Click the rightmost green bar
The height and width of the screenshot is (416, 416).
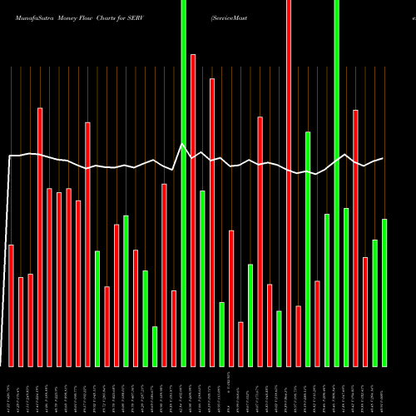(x=384, y=292)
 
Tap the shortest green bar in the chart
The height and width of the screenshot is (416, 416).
(x=155, y=346)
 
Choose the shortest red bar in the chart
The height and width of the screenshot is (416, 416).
(x=240, y=344)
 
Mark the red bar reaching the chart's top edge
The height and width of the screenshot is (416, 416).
(x=289, y=183)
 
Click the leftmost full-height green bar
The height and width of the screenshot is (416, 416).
(x=183, y=183)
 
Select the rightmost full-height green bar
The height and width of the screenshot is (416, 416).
(x=337, y=183)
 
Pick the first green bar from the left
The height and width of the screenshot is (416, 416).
(x=97, y=308)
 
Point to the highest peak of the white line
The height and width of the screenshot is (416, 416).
(x=183, y=144)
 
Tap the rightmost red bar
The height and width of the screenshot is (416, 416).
(x=365, y=311)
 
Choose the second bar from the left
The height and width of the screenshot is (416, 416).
(x=21, y=321)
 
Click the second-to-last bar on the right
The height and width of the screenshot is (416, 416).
(x=375, y=303)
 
